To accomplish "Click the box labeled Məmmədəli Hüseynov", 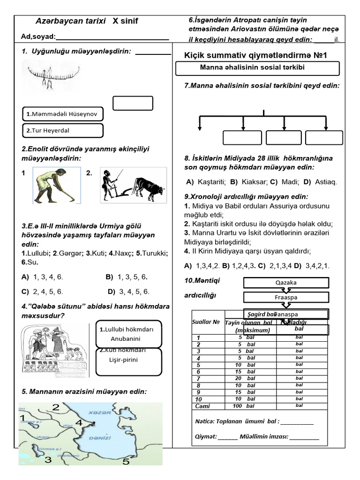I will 63,114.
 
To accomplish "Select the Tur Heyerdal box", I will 63,131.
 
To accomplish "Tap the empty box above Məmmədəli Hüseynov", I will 133,103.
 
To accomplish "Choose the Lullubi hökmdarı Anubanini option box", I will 128,334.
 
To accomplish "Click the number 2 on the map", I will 56,407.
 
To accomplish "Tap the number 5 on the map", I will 126,462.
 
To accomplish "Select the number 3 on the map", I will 48,460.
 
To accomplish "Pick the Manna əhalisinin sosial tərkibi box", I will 257,68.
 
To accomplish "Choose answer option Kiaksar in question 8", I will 248,181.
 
